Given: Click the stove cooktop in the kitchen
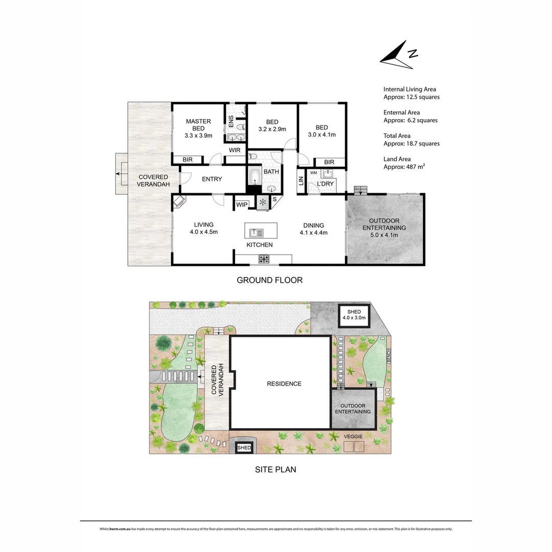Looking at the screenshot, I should pyautogui.click(x=264, y=259).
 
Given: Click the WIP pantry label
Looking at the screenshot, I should pyautogui.click(x=242, y=205).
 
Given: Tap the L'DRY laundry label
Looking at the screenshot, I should pyautogui.click(x=325, y=183).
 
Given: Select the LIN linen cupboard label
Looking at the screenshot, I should pyautogui.click(x=301, y=181).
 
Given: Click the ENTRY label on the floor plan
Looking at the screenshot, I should pyautogui.click(x=212, y=179).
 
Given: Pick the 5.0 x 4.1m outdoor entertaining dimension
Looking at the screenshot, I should pyautogui.click(x=384, y=235).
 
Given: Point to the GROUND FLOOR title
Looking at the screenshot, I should pyautogui.click(x=269, y=280).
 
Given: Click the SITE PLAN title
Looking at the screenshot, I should pyautogui.click(x=275, y=469).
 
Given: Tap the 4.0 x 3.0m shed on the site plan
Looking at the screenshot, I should pyautogui.click(x=354, y=315).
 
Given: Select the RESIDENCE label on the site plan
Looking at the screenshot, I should pyautogui.click(x=284, y=384).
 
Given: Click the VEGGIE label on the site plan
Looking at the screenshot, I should pyautogui.click(x=353, y=436).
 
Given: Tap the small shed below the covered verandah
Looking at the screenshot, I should pyautogui.click(x=244, y=448).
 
